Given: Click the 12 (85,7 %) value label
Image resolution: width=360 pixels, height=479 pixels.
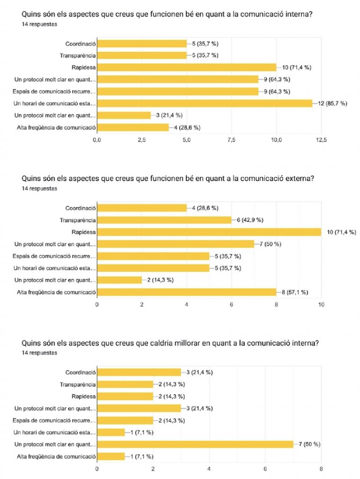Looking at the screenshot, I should pos(331,103).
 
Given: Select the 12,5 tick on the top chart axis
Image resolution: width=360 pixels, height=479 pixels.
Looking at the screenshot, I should pos(322,139).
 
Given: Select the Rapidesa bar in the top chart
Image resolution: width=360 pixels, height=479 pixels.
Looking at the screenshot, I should pos(187,67).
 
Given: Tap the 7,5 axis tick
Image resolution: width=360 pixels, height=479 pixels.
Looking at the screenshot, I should pos(231,139).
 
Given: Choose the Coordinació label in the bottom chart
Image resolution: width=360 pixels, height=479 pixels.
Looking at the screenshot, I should pos(80,372).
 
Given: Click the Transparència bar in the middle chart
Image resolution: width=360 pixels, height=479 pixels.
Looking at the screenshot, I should pos(164,220).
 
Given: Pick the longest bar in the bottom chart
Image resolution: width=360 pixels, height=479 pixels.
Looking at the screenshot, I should pos(195,444).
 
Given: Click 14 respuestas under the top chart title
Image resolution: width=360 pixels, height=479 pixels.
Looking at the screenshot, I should pos(39,24).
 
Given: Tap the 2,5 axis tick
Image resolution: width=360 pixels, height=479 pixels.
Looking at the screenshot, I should pos(142,139).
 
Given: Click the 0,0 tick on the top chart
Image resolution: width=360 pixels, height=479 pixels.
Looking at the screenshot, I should pos(97,139).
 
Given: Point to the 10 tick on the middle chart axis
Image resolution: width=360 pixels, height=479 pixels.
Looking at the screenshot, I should pos(322,305).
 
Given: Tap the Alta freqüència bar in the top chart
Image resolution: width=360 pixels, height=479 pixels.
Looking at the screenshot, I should pos(133,127).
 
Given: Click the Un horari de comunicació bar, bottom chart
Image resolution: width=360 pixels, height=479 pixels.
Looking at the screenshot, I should pos(111,432).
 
